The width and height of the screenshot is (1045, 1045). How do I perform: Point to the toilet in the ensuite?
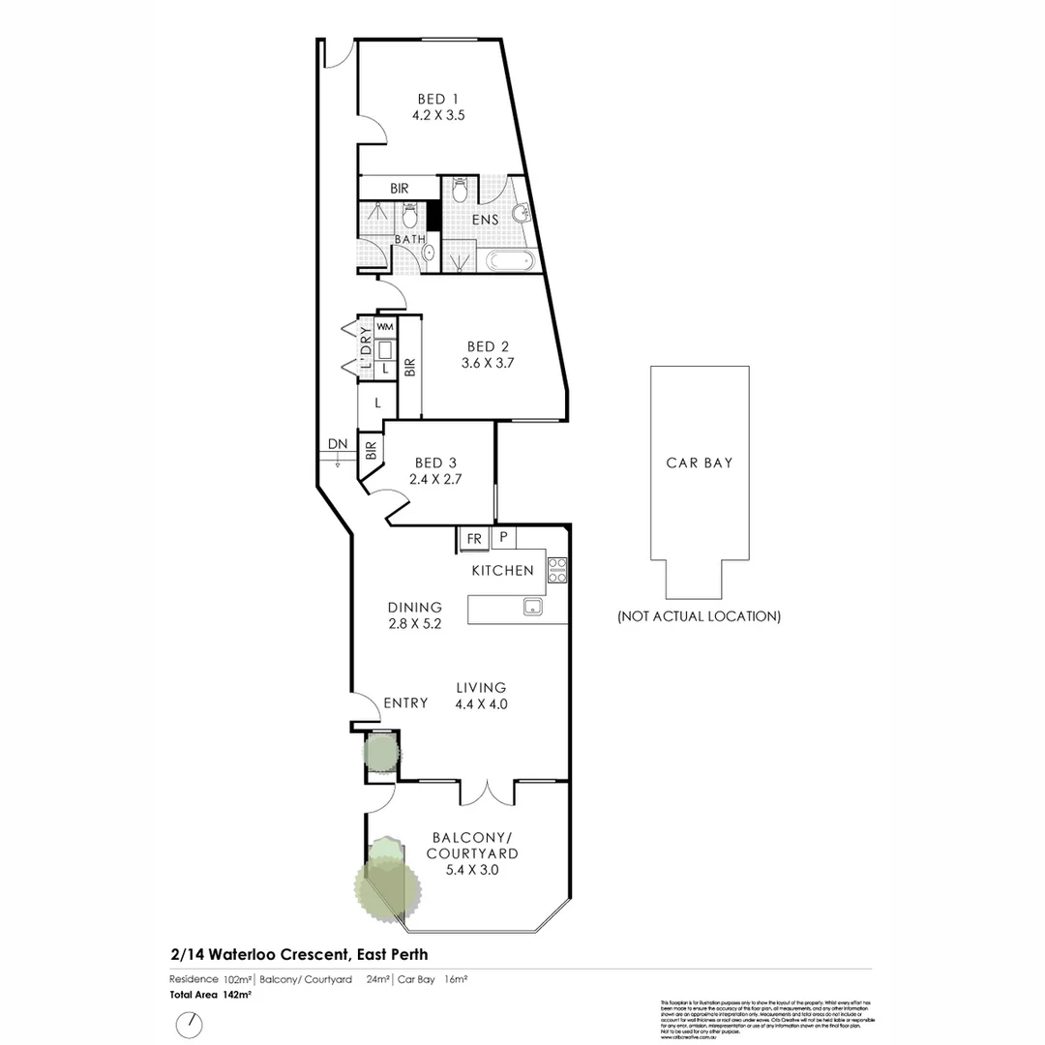click(461, 192)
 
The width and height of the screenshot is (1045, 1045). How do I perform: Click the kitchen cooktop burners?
click(557, 569)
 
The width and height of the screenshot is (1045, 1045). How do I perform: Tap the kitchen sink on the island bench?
click(531, 608)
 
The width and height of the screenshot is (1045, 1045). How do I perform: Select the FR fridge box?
click(474, 538)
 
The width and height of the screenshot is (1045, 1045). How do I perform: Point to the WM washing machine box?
click(384, 327)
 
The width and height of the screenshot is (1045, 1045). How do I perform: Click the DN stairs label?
click(337, 444)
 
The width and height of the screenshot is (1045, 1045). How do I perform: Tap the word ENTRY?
click(405, 703)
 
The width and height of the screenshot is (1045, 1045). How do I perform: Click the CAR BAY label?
click(699, 463)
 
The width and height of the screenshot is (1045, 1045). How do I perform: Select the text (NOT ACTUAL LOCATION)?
click(699, 616)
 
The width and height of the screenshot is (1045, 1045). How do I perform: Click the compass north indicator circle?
click(190, 1023)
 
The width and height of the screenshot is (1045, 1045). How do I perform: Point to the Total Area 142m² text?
click(211, 994)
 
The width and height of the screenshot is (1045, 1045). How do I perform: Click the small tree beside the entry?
click(380, 750)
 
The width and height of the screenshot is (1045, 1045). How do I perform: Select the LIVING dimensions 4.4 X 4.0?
click(481, 704)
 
